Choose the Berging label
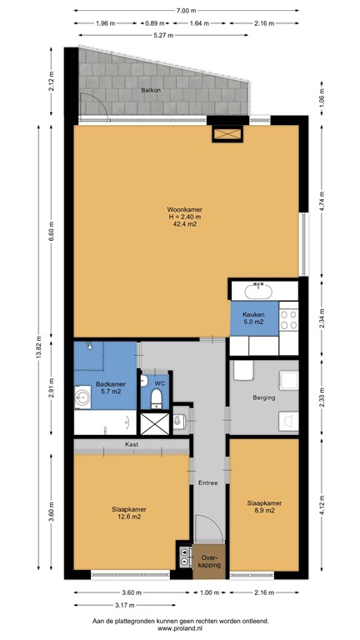tap(263, 397)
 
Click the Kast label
tap(131, 445)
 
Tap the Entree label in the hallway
tap(207, 483)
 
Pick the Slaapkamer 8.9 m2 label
tap(263, 508)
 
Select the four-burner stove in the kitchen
tap(287, 319)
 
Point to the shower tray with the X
tap(155, 425)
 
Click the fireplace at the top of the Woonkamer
tap(225, 133)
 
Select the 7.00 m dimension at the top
tap(187, 10)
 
